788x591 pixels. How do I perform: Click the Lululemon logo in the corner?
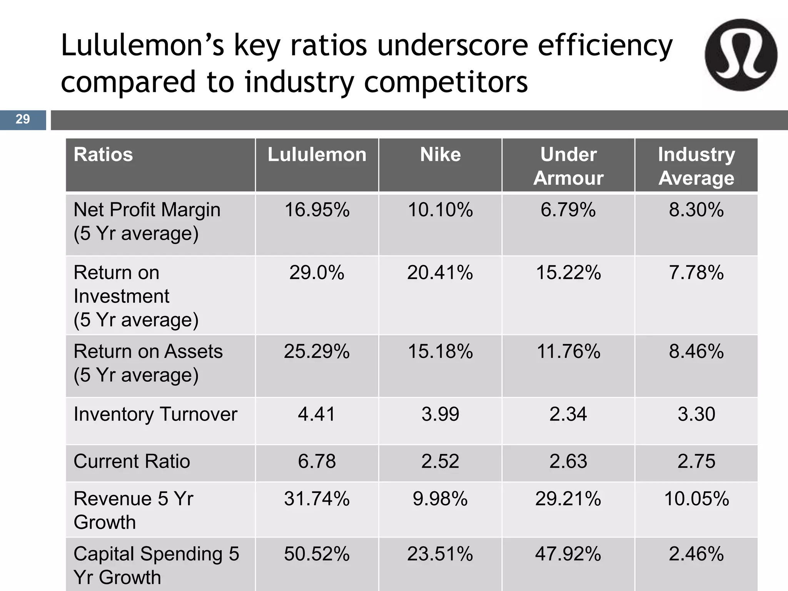coord(741,55)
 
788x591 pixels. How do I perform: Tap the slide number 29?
coord(23,119)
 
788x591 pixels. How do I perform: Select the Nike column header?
coord(440,155)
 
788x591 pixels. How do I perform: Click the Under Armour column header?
coord(568,166)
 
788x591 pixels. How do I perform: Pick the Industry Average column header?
coord(696,166)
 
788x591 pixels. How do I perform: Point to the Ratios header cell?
coord(103,155)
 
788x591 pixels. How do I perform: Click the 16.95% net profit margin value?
coord(317,210)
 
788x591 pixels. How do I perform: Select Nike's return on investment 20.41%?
coord(440,273)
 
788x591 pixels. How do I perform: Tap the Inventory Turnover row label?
coord(155,414)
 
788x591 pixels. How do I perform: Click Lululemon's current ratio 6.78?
coord(317,461)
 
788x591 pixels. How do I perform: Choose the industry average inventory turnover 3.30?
coord(696,414)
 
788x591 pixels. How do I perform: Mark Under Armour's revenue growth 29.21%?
coord(568,499)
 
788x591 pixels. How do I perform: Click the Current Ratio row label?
coord(132,461)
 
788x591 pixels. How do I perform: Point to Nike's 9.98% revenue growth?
coord(440,499)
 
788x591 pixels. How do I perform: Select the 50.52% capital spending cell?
coord(317,554)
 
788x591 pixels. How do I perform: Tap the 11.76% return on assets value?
coord(568,352)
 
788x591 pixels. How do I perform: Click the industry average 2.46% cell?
coord(696,554)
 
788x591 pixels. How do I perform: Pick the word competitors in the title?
coord(446,82)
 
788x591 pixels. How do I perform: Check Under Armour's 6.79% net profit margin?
coord(568,210)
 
